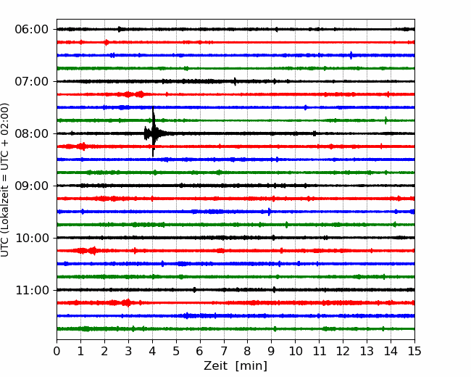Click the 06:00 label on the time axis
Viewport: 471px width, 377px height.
pyautogui.click(x=31, y=30)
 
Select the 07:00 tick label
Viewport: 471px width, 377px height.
pyautogui.click(x=31, y=81)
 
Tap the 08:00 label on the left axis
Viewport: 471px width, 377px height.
pyautogui.click(x=31, y=133)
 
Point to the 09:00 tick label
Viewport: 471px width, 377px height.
pyautogui.click(x=31, y=186)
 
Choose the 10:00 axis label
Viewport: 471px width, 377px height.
pyautogui.click(x=31, y=238)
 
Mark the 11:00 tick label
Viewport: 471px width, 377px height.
pyautogui.click(x=31, y=290)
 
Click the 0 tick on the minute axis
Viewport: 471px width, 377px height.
pyautogui.click(x=57, y=351)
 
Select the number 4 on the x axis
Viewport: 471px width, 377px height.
pyautogui.click(x=152, y=351)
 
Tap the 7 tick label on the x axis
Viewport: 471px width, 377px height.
pyautogui.click(x=224, y=351)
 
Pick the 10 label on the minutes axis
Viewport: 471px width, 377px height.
pyautogui.click(x=295, y=351)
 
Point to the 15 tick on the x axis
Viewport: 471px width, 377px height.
pyautogui.click(x=414, y=351)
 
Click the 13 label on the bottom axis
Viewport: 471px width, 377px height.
pyautogui.click(x=367, y=351)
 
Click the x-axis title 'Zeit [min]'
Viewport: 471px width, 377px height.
pyautogui.click(x=236, y=365)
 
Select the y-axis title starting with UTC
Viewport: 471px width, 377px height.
pyautogui.click(x=4, y=180)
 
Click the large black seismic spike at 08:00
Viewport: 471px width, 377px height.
pyautogui.click(x=153, y=132)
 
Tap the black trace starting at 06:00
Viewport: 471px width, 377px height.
pyautogui.click(x=236, y=29)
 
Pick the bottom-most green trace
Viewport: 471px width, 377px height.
pyautogui.click(x=236, y=329)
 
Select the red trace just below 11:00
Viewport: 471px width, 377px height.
pyautogui.click(x=236, y=303)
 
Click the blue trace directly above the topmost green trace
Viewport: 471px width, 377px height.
pyautogui.click(x=236, y=55)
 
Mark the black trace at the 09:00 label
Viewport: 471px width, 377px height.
pyautogui.click(x=236, y=186)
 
